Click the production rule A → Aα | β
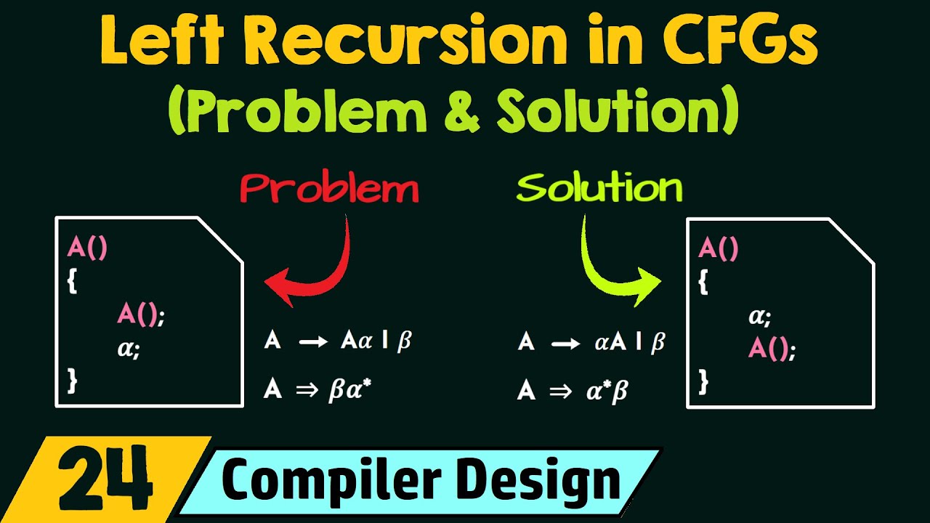click(338, 341)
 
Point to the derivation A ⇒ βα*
click(323, 390)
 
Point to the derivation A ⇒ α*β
click(573, 390)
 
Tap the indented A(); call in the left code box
click(141, 315)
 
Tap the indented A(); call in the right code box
click(772, 350)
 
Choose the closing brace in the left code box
click(71, 379)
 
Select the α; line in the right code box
click(760, 317)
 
